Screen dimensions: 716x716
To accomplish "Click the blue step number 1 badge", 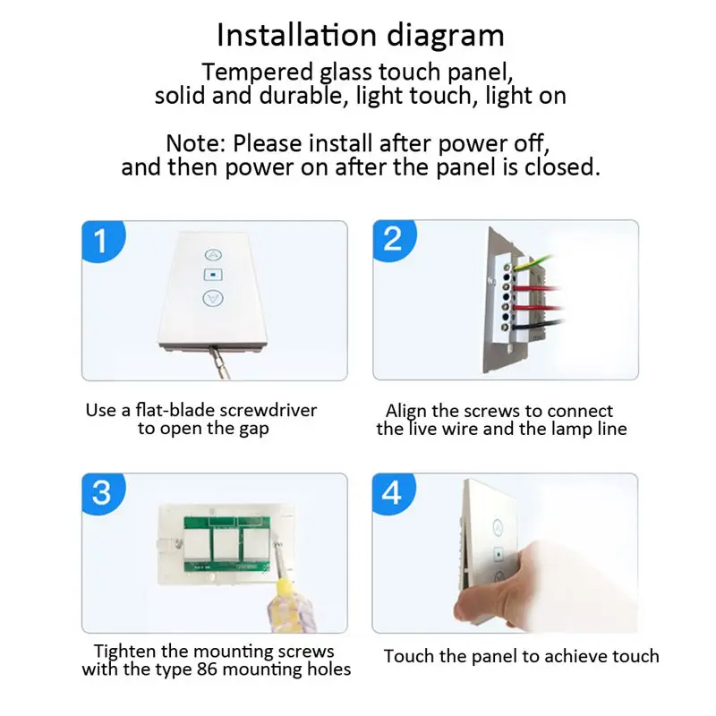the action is [102, 241].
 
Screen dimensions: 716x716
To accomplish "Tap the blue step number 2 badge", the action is [393, 240].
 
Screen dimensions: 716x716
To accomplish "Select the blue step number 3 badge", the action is [102, 493].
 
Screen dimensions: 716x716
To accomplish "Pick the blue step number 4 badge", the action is [393, 493].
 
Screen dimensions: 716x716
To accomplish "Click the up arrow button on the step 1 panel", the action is [213, 255].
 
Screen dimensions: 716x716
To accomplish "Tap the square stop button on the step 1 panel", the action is [213, 275].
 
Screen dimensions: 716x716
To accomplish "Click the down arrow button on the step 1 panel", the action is [213, 299].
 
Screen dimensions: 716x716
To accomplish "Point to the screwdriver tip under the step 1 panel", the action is [211, 349].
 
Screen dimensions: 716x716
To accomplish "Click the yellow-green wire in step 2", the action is [534, 262].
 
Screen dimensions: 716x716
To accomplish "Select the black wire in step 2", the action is [539, 325].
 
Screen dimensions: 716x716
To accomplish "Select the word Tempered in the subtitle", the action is [258, 72].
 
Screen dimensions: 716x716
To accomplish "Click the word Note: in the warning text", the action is [195, 143].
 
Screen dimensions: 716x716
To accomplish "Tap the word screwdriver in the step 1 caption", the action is [268, 410].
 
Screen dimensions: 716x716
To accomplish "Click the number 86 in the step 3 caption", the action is [208, 669].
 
